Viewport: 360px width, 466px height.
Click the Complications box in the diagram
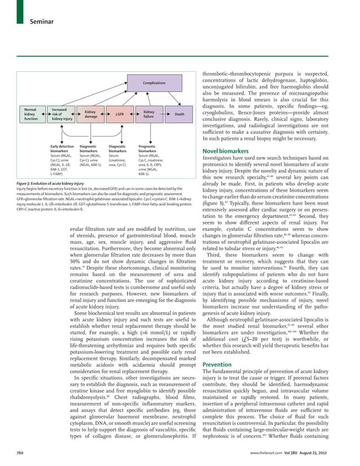153,83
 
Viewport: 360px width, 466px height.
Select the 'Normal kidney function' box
30,114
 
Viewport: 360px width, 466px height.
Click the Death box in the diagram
179,115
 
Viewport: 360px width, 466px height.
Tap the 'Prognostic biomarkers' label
147,148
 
